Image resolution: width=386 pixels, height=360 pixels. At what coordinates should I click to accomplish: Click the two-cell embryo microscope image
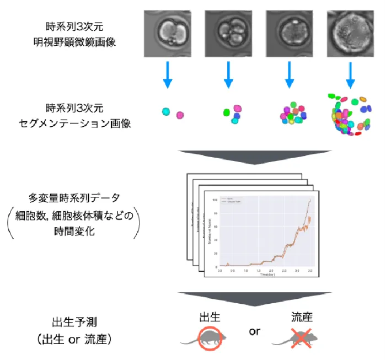(167, 34)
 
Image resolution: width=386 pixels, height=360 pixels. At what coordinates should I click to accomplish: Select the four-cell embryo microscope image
(228, 34)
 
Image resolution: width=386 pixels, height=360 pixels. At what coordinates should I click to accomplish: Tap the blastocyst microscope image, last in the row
(350, 34)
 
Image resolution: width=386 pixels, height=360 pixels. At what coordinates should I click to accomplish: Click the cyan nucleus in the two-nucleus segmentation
(166, 111)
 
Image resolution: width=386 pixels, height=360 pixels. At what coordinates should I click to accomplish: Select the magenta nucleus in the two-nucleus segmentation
(180, 115)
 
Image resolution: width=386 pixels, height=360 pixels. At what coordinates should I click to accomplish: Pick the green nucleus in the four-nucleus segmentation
(226, 112)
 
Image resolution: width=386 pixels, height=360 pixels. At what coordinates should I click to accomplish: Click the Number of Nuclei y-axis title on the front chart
(210, 233)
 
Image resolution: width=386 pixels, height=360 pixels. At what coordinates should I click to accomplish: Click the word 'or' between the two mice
(254, 331)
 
